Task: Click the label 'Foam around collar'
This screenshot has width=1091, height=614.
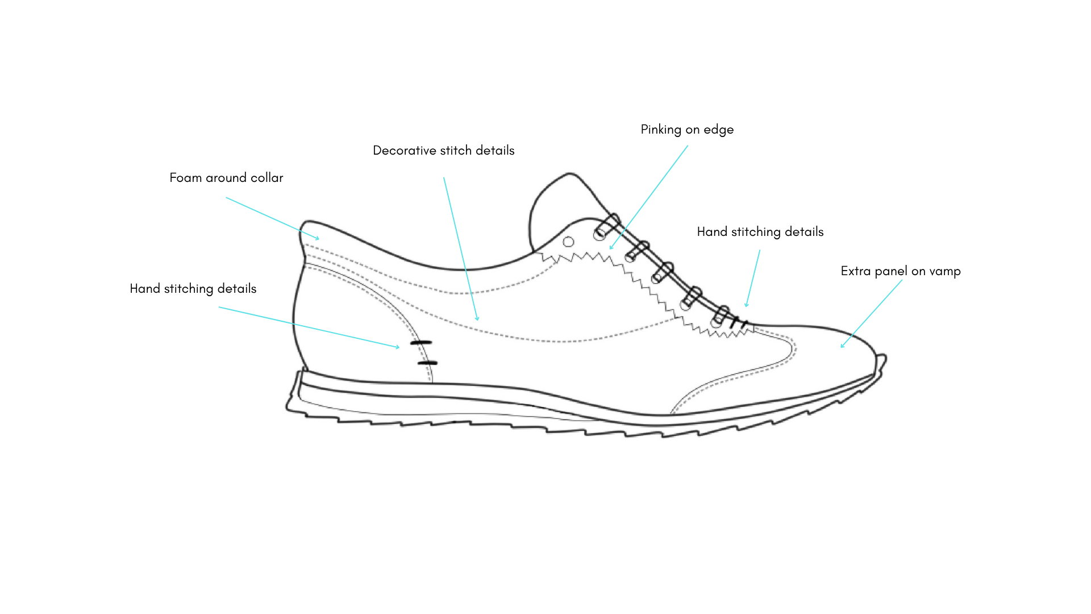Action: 226,178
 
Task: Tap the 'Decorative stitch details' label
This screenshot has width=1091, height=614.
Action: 443,151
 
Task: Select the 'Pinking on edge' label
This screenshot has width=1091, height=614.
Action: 687,130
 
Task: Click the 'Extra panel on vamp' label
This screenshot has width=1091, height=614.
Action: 900,271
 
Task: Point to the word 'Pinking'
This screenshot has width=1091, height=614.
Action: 661,130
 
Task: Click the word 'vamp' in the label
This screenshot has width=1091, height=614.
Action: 944,271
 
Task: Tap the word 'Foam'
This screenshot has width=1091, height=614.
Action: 185,178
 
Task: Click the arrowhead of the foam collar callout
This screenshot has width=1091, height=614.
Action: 318,239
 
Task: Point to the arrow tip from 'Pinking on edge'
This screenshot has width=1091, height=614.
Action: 611,248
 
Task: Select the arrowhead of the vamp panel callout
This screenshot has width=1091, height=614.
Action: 842,347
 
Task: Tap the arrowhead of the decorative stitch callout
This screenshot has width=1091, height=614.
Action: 477,320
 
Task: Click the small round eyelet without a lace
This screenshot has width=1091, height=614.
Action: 568,242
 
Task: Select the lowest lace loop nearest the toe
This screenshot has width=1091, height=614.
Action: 720,316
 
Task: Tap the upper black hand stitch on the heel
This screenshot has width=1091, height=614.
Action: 421,342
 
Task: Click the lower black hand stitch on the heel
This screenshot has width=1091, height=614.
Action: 427,363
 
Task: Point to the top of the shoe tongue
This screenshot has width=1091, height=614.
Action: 568,175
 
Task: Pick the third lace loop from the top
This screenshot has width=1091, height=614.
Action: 662,272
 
